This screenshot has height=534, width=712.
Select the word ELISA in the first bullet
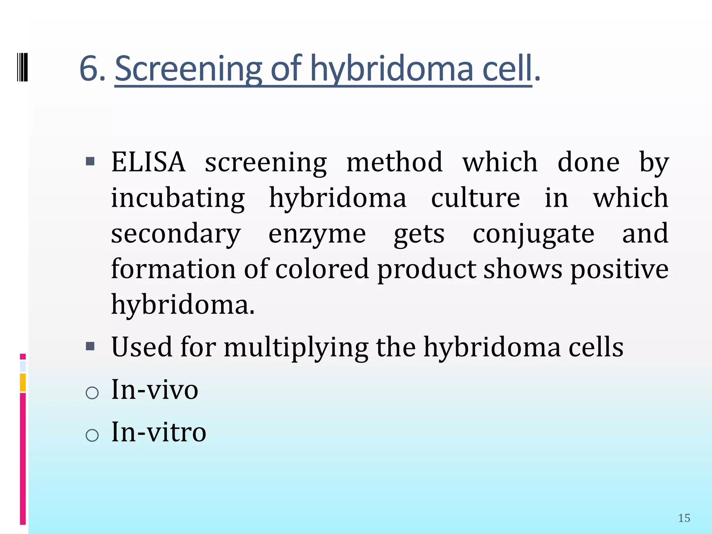148,162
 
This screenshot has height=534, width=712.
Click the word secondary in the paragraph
176,234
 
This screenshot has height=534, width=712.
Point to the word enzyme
317,234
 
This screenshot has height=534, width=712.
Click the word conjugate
533,234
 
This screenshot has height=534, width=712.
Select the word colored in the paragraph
322,269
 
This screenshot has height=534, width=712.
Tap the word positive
619,269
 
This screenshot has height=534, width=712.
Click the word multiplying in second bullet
296,347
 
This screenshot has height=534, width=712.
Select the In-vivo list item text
155,390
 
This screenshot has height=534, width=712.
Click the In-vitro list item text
159,432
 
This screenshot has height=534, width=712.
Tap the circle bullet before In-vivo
92,393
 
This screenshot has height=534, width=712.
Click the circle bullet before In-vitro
92,435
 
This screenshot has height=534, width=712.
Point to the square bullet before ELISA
90,161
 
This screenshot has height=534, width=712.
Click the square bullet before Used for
90,346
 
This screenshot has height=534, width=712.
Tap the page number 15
684,518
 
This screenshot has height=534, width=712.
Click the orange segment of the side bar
23,382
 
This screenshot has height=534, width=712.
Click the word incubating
178,198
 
